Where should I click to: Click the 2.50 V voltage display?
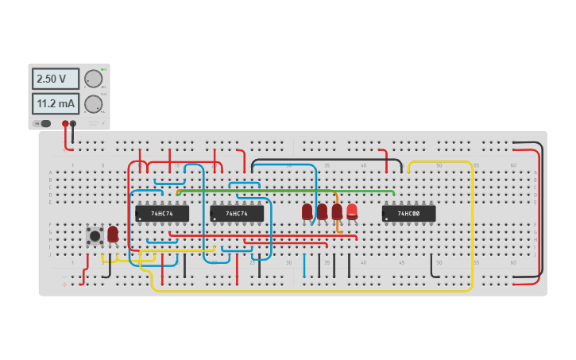pos(55,79)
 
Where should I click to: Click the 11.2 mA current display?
pos(55,103)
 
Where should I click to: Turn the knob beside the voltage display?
pos(93,79)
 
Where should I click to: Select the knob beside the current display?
pos(93,104)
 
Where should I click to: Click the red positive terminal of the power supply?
pos(65,123)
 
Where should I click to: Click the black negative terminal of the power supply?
pos(73,123)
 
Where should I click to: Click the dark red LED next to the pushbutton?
pos(113,234)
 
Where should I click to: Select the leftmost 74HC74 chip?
pos(162,214)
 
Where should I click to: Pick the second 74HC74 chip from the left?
pos(237,214)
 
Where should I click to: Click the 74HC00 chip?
pos(408,214)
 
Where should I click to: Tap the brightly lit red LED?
pos(352,211)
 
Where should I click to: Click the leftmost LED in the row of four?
pos(307,211)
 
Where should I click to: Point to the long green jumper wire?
pos(286,191)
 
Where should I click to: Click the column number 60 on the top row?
pos(512,165)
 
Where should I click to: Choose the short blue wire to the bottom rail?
pos(304,266)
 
